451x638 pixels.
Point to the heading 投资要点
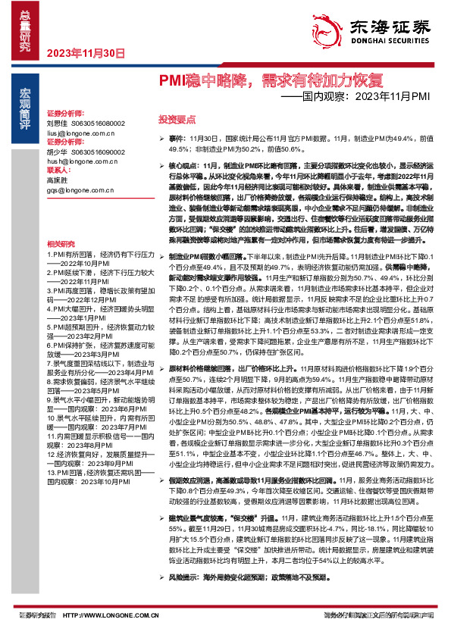point(174,120)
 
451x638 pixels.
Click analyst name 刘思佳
point(57,123)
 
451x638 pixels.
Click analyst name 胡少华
point(57,152)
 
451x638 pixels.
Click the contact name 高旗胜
point(57,180)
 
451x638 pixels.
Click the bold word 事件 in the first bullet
point(176,139)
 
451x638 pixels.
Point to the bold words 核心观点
point(183,164)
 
